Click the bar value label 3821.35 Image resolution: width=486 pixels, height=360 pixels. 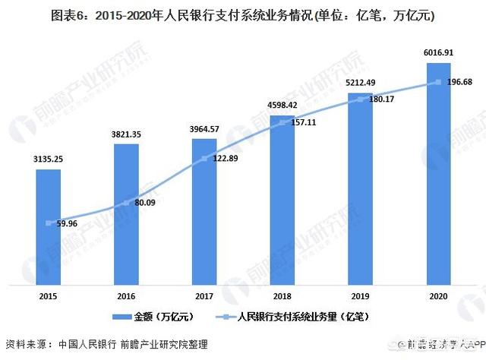coord(127,134)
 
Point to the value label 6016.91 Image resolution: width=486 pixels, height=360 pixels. coord(438,54)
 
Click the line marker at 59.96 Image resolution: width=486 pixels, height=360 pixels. coord(49,223)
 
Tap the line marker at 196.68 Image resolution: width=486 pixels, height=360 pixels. coord(438,82)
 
